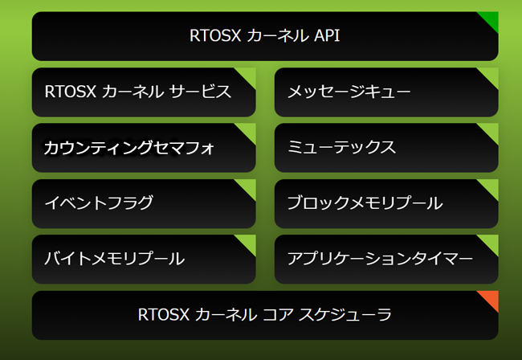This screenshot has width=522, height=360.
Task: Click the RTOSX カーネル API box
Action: (x=265, y=36)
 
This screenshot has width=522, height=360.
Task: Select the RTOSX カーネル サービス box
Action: (x=144, y=92)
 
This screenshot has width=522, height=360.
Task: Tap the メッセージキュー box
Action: (x=386, y=92)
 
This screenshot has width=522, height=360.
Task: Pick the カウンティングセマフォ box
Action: (x=144, y=148)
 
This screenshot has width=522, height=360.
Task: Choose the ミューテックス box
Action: (x=386, y=148)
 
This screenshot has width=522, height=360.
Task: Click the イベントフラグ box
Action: (x=144, y=204)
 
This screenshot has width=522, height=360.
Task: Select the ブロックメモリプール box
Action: (x=386, y=204)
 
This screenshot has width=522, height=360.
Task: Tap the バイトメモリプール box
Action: (x=144, y=260)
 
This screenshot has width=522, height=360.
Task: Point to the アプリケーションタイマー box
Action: (x=386, y=260)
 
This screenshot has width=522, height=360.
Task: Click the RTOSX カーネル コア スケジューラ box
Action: (x=265, y=315)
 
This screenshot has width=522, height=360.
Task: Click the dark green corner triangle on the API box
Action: (x=491, y=18)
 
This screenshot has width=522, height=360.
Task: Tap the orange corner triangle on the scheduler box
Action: (x=491, y=298)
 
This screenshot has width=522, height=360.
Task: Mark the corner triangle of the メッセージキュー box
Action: (x=491, y=75)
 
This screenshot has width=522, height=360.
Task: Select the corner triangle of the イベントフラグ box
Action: (x=249, y=186)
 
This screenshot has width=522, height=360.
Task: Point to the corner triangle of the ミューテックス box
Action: (x=491, y=130)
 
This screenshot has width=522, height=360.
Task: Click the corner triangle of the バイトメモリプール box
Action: (x=249, y=242)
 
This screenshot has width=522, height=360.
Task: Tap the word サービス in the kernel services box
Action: (x=201, y=92)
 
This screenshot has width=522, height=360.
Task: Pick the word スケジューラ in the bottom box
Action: (x=345, y=315)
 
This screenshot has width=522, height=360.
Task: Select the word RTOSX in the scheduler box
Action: (x=164, y=315)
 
